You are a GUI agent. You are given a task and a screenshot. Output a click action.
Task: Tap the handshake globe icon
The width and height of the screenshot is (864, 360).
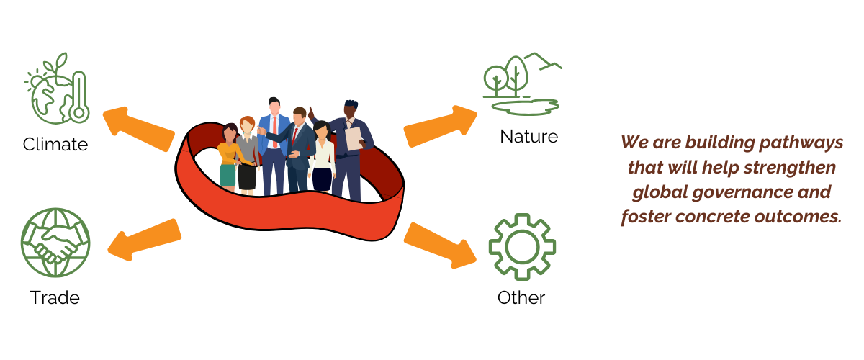pyautogui.click(x=55, y=242)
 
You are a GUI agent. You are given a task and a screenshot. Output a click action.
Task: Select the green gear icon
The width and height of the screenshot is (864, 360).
pyautogui.click(x=522, y=247)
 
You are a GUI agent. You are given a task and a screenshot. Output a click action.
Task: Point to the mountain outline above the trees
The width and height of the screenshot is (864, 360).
pyautogui.click(x=541, y=60)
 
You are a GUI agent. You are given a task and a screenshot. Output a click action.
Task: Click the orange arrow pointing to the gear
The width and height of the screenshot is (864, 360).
pyautogui.click(x=440, y=243)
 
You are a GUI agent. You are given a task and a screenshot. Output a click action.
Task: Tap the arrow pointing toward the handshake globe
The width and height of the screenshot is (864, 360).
pyautogui.click(x=143, y=238)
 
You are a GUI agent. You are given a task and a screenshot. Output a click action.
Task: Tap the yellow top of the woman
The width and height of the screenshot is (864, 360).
pyautogui.click(x=229, y=153)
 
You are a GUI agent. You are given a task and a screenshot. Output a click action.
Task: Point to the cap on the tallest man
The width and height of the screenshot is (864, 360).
pyautogui.click(x=351, y=104)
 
